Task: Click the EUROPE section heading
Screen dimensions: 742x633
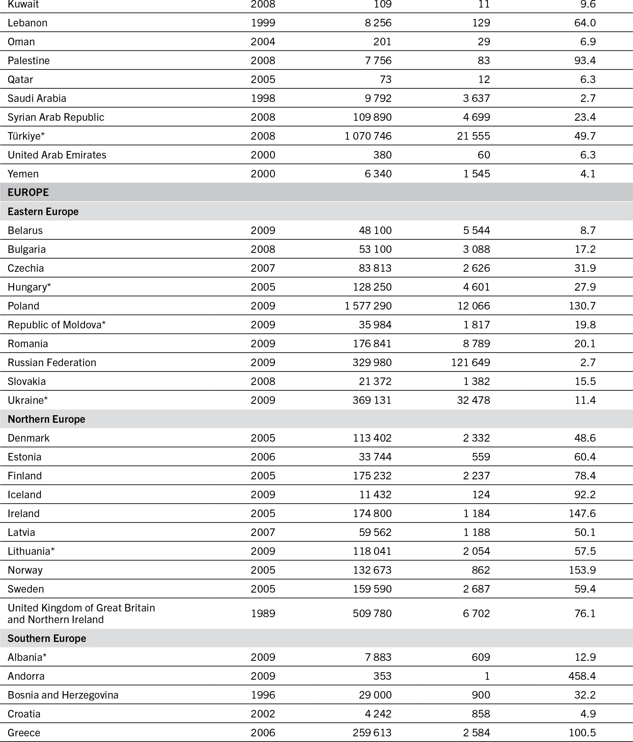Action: [28, 192]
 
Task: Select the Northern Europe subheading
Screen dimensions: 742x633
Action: [47, 419]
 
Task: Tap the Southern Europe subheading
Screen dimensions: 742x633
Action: [47, 638]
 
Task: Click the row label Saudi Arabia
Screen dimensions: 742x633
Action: [37, 98]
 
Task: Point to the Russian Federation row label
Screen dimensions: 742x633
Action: [52, 362]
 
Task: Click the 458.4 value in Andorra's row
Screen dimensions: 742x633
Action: [582, 676]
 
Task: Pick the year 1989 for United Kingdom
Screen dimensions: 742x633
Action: [263, 613]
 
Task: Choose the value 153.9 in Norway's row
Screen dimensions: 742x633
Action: [582, 570]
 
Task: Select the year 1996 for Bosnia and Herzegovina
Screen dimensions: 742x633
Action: [263, 695]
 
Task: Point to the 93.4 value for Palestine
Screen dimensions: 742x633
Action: [585, 60]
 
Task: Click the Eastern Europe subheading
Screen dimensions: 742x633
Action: [43, 212]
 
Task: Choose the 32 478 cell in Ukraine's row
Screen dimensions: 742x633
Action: [473, 400]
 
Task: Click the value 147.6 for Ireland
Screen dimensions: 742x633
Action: [582, 513]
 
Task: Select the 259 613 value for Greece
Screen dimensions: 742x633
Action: [372, 732]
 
